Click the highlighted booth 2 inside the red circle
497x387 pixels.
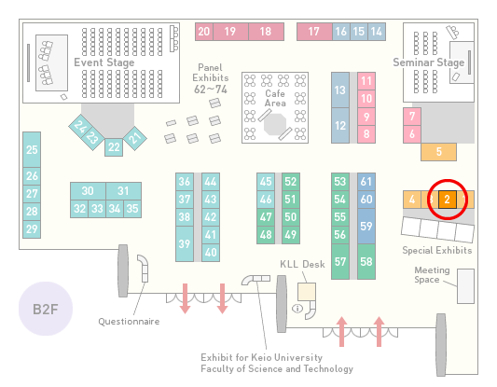coord(448,200)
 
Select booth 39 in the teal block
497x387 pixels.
coord(185,243)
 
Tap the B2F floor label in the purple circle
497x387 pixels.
coord(46,309)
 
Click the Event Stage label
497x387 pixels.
coord(104,62)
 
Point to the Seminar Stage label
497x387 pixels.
coord(429,62)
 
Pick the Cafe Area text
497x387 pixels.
coord(275,98)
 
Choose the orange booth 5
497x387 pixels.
coord(438,152)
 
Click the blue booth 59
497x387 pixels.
coord(366,226)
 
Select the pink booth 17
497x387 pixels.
coord(314,32)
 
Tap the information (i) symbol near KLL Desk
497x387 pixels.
coord(297,308)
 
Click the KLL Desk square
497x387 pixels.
coord(307,292)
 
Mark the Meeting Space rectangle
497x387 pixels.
coord(465,286)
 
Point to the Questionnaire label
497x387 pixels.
coord(129,322)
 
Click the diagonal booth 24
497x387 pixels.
coord(81,127)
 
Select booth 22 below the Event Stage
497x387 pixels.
coord(114,147)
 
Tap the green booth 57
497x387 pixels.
coord(340,261)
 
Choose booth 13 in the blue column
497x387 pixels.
coord(340,90)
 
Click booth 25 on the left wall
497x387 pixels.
coord(32,149)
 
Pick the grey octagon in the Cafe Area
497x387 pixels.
coord(275,124)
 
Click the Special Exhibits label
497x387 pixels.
coord(437,251)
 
